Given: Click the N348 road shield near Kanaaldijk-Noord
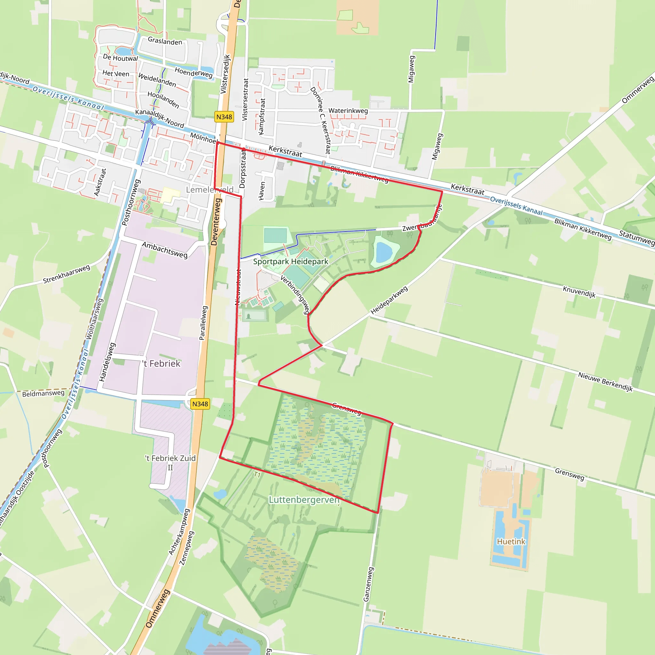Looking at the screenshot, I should click(x=224, y=117).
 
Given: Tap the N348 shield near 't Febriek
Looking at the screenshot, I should click(x=200, y=404).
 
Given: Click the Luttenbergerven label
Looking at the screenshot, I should click(x=304, y=500).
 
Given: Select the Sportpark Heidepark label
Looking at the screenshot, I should click(x=290, y=261).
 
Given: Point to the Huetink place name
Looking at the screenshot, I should click(x=511, y=541).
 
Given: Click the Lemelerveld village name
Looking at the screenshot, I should click(x=209, y=190).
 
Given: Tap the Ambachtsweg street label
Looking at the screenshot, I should click(x=165, y=250).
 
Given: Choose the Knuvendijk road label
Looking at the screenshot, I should click(x=579, y=292).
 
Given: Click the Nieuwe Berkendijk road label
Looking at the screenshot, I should click(x=605, y=382).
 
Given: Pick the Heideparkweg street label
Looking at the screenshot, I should click(x=389, y=300).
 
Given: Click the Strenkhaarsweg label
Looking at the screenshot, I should click(x=67, y=274).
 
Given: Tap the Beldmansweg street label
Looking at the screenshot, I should click(x=43, y=393).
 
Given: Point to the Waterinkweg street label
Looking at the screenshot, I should click(x=348, y=111).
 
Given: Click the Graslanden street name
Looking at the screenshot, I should click(x=165, y=41).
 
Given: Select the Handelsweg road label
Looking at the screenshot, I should click(x=107, y=362).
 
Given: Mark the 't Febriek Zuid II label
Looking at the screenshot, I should click(x=170, y=462).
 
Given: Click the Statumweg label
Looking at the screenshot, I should click(x=636, y=237).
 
